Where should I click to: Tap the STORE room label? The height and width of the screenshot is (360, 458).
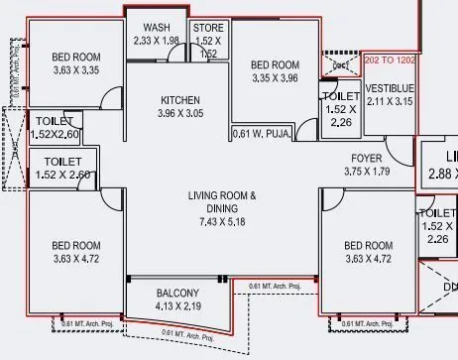(x=208, y=28)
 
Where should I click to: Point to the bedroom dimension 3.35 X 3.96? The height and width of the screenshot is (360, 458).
(x=275, y=77)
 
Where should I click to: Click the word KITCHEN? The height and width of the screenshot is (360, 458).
(x=179, y=100)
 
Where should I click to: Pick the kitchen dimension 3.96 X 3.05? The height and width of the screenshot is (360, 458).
(x=179, y=114)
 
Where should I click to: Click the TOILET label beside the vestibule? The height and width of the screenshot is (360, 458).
(x=334, y=96)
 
